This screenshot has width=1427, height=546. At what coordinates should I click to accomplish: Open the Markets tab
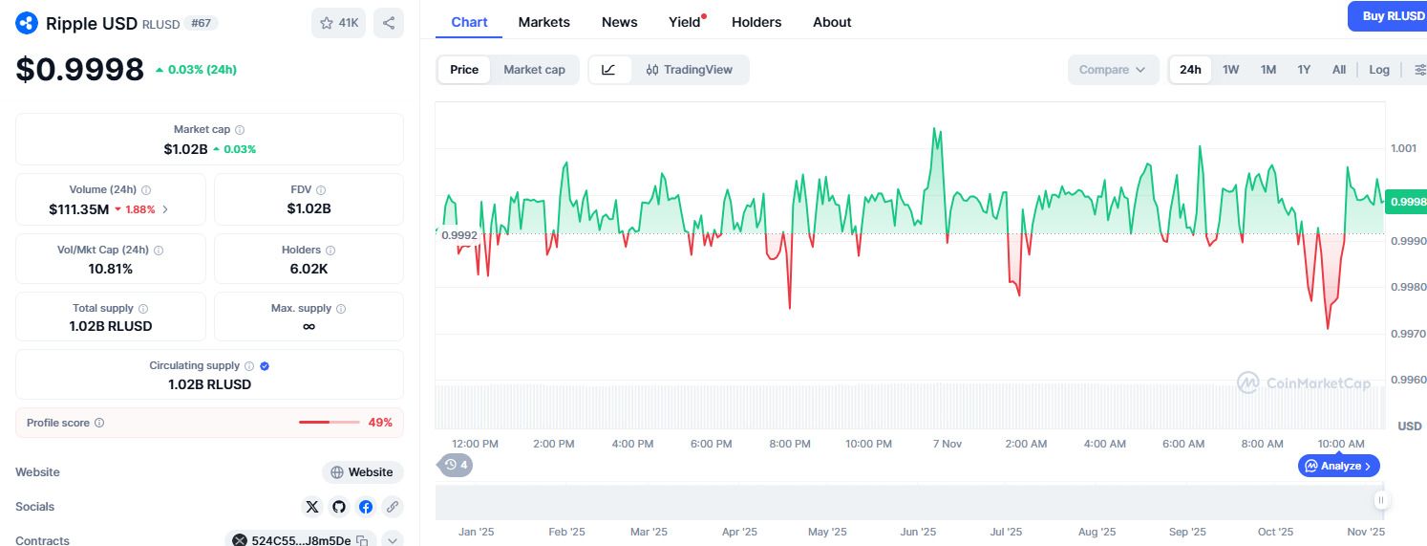tap(544, 22)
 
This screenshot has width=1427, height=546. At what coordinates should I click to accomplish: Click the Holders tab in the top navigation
tap(756, 22)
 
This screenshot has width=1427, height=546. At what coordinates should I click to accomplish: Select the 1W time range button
tap(1230, 70)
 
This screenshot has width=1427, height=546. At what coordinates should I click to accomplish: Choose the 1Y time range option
tap(1304, 70)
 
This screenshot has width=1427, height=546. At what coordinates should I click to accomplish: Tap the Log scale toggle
tap(1379, 70)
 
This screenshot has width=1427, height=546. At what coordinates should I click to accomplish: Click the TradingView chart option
tap(690, 70)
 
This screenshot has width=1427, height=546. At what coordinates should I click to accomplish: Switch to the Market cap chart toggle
tap(534, 70)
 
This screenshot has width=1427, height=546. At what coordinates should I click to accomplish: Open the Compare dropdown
tap(1112, 70)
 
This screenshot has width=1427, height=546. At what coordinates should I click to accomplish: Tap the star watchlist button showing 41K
tap(339, 23)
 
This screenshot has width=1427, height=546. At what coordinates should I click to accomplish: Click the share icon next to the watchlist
tap(389, 23)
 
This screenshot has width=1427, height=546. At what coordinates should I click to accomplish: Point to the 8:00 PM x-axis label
tap(789, 444)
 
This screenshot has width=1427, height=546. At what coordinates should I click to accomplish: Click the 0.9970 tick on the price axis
tap(1408, 334)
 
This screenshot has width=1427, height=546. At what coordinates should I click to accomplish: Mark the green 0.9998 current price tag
tap(1407, 202)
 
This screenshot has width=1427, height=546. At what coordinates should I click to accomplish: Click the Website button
tap(363, 472)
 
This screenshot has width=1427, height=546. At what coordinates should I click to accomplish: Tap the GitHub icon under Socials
tap(339, 507)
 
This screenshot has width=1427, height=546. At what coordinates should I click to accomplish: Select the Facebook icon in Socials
tap(366, 507)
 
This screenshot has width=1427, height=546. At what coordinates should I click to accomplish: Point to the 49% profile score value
tap(380, 423)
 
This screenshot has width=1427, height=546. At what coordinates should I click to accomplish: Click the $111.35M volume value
tap(79, 209)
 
